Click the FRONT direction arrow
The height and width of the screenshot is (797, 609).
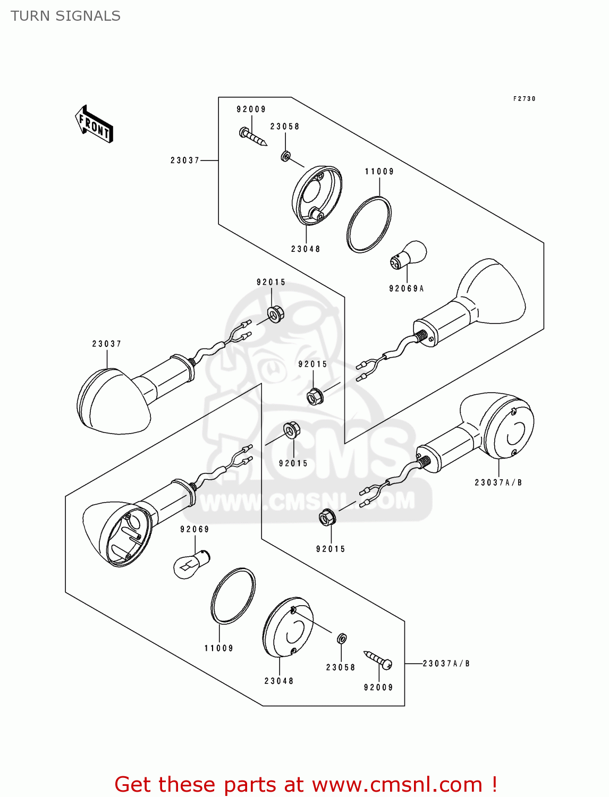click(95, 124)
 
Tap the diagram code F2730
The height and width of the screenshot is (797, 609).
click(524, 99)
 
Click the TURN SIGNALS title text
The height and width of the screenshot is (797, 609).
click(65, 16)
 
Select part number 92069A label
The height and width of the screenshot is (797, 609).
click(407, 289)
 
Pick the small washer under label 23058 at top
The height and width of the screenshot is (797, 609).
click(285, 156)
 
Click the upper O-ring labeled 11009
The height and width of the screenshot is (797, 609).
click(369, 225)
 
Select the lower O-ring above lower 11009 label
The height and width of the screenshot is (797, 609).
click(233, 595)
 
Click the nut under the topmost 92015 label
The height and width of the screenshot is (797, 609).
click(275, 313)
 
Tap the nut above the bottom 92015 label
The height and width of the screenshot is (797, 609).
click(326, 517)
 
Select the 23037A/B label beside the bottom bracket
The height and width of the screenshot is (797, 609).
click(446, 664)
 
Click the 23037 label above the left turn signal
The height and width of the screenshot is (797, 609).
click(107, 344)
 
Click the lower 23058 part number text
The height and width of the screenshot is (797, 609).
click(341, 667)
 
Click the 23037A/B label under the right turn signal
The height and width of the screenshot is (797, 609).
click(498, 482)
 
